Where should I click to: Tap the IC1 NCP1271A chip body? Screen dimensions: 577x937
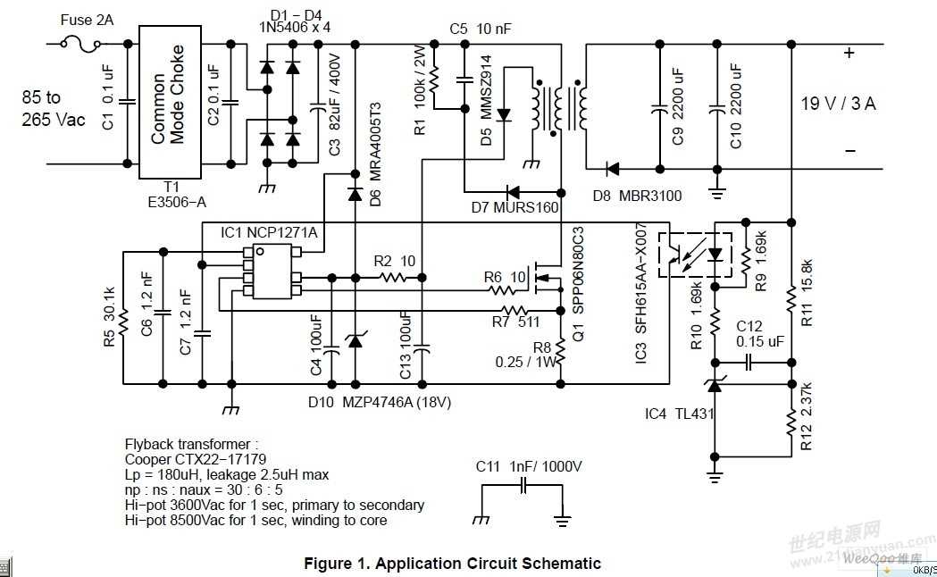tap(277, 271)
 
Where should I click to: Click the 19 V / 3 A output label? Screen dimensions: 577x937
tap(838, 104)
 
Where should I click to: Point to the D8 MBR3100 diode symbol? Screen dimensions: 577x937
tap(614, 168)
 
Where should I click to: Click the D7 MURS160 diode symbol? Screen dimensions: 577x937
tap(514, 191)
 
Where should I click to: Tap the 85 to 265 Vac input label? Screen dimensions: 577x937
tap(54, 108)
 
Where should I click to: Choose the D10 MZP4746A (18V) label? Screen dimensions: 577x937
tap(380, 402)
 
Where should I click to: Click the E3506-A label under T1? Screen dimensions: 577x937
tap(176, 202)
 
